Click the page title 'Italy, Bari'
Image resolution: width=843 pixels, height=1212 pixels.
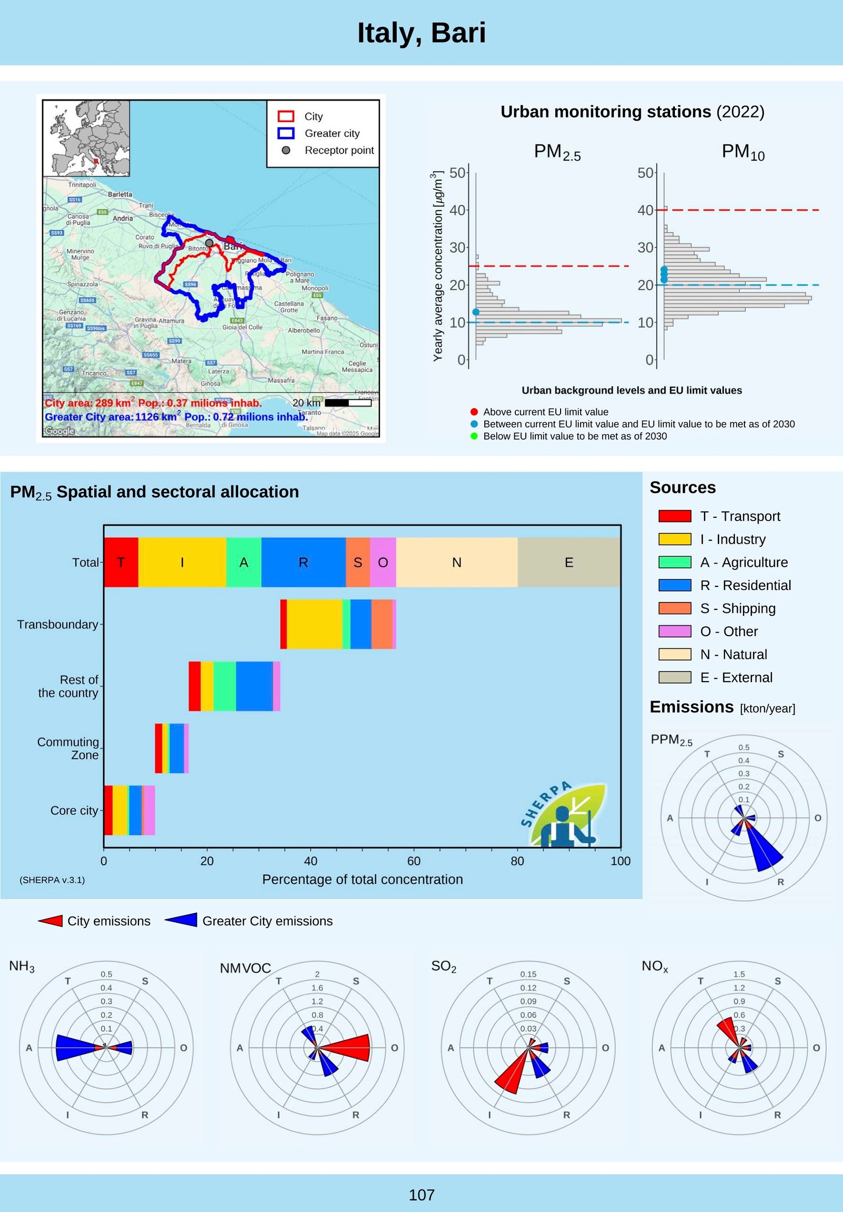(421, 33)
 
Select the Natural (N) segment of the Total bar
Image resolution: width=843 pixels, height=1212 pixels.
(457, 562)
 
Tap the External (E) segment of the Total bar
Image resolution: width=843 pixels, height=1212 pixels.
(568, 562)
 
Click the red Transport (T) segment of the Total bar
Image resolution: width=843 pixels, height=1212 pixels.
(121, 562)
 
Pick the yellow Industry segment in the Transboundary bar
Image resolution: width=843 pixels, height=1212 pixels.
(314, 624)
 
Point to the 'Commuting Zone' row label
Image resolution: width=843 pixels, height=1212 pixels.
(68, 748)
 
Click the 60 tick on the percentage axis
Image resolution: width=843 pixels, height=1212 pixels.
(414, 861)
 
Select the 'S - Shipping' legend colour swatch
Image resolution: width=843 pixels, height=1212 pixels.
(674, 608)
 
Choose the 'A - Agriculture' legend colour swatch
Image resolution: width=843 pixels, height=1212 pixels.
(674, 562)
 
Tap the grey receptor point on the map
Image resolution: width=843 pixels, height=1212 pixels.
(209, 243)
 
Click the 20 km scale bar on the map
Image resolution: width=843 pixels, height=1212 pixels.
(348, 403)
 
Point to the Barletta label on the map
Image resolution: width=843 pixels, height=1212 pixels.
(120, 194)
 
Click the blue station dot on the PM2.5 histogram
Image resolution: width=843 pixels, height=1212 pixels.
(476, 312)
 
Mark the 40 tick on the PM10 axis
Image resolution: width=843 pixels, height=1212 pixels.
(645, 210)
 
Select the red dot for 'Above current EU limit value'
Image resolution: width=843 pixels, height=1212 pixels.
(474, 412)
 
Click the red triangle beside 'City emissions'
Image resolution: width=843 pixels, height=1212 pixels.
(51, 921)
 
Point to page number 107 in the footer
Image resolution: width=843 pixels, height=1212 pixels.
(421, 1195)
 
